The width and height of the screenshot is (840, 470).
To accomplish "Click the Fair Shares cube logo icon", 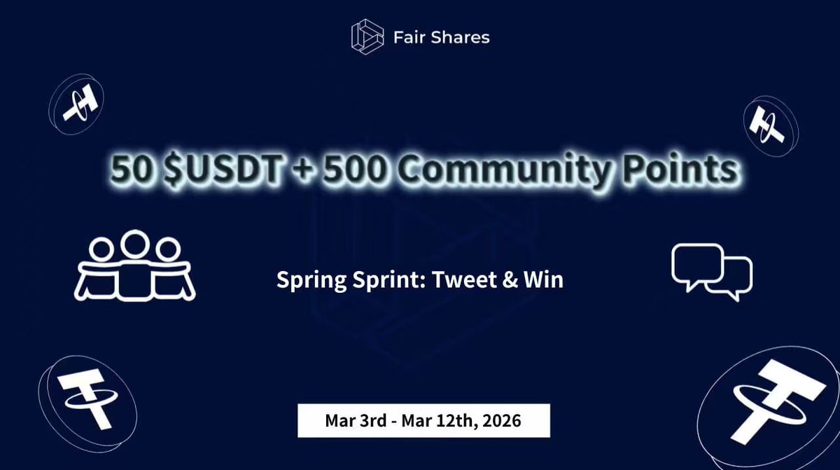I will coord(368,36).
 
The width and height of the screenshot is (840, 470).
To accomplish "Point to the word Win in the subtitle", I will coord(545,280).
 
